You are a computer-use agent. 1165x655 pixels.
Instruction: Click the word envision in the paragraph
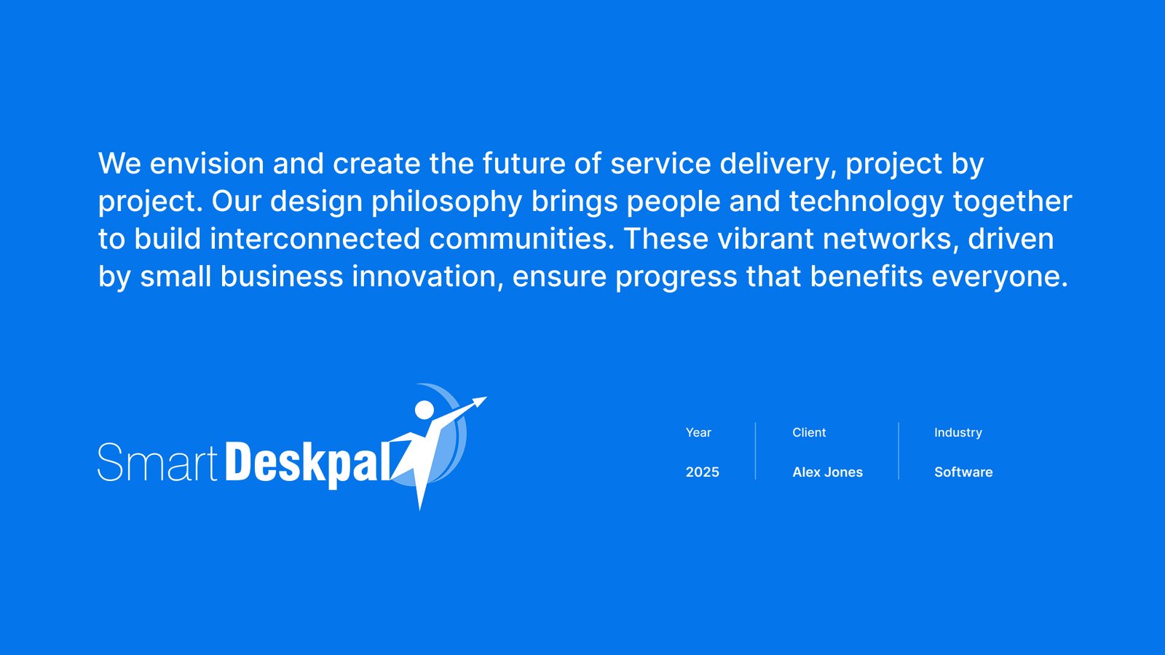207,163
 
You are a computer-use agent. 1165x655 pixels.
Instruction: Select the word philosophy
446,202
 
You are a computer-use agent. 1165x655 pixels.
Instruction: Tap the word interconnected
315,239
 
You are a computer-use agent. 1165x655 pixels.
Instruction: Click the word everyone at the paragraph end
999,277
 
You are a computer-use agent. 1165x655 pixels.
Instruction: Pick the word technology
866,202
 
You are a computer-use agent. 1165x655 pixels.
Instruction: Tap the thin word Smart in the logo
157,462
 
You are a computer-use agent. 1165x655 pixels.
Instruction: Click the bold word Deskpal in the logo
307,464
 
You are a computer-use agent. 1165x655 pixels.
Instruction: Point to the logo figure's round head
424,410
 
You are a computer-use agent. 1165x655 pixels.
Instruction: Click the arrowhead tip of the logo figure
486,397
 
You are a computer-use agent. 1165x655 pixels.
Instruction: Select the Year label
698,432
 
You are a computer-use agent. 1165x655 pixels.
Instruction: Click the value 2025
702,472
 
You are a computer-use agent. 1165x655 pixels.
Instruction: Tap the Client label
809,432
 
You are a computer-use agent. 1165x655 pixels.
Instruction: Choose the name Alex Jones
827,472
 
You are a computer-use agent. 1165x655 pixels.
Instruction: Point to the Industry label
958,433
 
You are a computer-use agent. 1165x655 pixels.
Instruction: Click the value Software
963,472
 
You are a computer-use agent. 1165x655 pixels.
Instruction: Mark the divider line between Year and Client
755,450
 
